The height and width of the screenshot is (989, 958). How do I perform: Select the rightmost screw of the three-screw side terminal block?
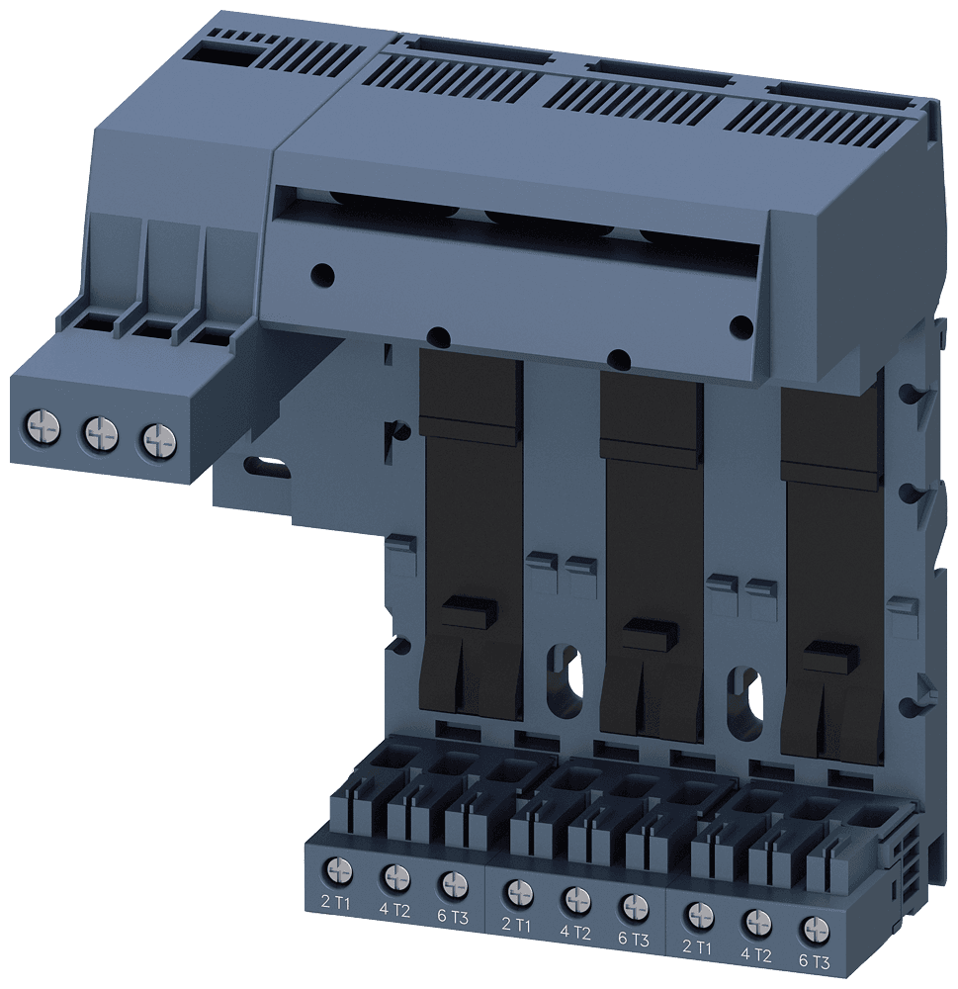click(x=155, y=438)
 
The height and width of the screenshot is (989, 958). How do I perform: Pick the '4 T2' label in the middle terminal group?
click(x=575, y=931)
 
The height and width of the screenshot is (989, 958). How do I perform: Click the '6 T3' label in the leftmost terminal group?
click(x=452, y=916)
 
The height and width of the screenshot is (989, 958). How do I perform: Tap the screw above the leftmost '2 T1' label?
click(x=338, y=870)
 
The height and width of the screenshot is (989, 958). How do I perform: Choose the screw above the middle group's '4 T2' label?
click(x=575, y=899)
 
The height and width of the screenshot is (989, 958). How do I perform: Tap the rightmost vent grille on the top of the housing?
click(x=826, y=125)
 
